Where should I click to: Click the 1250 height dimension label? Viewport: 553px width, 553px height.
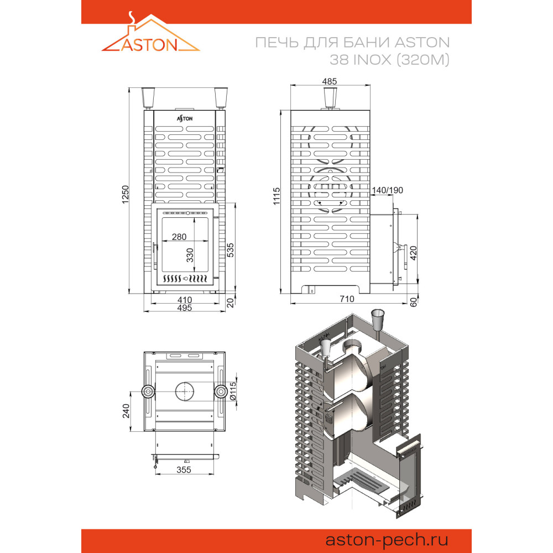(126, 194)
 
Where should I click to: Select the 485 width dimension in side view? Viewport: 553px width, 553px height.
(330, 81)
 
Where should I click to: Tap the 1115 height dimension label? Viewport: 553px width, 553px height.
(276, 196)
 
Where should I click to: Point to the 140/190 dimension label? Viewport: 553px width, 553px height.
(387, 190)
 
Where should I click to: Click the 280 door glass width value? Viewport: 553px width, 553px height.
(179, 237)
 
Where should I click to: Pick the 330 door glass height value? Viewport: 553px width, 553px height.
(190, 255)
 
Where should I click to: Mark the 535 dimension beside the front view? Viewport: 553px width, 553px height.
(230, 250)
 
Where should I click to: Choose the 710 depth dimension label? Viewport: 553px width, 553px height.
(347, 299)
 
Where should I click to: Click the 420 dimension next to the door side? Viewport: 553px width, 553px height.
(413, 253)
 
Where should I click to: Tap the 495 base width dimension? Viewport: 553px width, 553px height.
(185, 308)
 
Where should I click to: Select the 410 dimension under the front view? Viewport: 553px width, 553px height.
(185, 300)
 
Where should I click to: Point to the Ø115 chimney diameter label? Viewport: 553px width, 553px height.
(233, 392)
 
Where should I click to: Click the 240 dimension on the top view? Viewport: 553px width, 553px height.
(126, 411)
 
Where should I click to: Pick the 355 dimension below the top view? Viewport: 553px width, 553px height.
(184, 469)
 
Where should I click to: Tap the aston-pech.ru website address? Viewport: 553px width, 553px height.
(387, 540)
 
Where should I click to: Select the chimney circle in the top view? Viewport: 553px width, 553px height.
(185, 392)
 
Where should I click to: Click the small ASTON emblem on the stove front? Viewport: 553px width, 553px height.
(185, 118)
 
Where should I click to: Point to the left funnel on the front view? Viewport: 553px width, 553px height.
(148, 98)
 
